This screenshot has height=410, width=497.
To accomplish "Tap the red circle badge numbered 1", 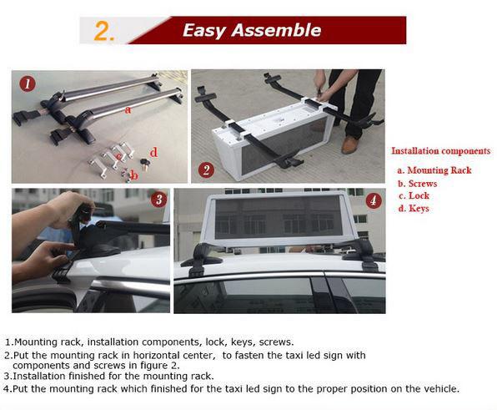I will coord(28,84).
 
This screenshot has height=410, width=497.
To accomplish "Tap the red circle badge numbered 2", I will coord(206,169).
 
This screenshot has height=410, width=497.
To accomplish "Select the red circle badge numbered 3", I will coord(158,200).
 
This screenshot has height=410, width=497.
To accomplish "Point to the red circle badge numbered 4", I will coord(373,200).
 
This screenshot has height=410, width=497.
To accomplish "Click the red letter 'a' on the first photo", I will coord(127,109).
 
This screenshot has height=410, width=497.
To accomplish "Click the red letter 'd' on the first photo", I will coord(153,151).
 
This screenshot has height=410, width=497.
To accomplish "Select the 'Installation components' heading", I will coord(441,151).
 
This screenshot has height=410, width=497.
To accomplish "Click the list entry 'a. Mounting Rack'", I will coord(434,170).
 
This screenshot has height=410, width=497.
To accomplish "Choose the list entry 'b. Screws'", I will coord(418,183).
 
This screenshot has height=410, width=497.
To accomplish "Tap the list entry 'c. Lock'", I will coord(414,195).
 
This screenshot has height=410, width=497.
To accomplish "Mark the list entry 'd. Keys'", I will coord(414,208).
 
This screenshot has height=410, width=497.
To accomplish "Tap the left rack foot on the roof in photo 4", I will coord(200,256).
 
